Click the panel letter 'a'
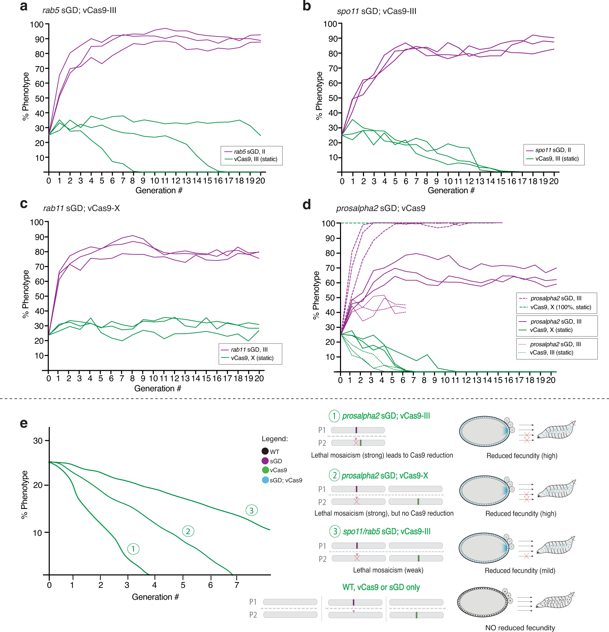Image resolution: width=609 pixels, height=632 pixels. click(x=24, y=6)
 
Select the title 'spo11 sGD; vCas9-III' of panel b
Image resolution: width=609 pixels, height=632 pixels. click(x=377, y=11)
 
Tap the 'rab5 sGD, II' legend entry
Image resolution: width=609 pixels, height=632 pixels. click(x=249, y=152)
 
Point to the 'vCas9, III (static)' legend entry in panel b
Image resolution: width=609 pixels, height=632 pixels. click(x=557, y=159)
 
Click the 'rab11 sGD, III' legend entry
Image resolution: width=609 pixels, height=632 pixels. click(x=249, y=350)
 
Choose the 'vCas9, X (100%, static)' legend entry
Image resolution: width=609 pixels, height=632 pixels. click(x=561, y=307)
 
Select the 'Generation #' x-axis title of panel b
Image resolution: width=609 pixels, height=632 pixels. click(x=451, y=191)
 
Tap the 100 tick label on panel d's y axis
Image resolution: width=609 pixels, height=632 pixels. click(x=328, y=224)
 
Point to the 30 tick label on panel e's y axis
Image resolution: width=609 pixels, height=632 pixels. click(x=38, y=441)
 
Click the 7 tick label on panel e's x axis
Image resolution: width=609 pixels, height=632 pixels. click(x=237, y=585)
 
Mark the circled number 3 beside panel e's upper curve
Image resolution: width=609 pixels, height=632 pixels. click(x=252, y=510)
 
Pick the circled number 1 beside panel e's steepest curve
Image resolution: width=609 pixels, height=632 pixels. click(x=133, y=549)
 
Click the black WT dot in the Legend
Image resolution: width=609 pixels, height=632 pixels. click(x=265, y=451)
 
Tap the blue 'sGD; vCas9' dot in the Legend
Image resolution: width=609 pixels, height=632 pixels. click(x=265, y=480)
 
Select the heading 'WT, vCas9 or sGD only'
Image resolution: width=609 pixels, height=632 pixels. click(x=381, y=587)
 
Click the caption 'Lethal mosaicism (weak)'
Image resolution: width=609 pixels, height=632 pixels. click(x=388, y=570)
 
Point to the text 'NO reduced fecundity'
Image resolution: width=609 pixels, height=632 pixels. click(x=520, y=627)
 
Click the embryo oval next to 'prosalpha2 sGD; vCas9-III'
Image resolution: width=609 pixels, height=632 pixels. click(x=484, y=431)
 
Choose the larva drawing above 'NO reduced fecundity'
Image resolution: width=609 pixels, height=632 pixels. click(x=555, y=602)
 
